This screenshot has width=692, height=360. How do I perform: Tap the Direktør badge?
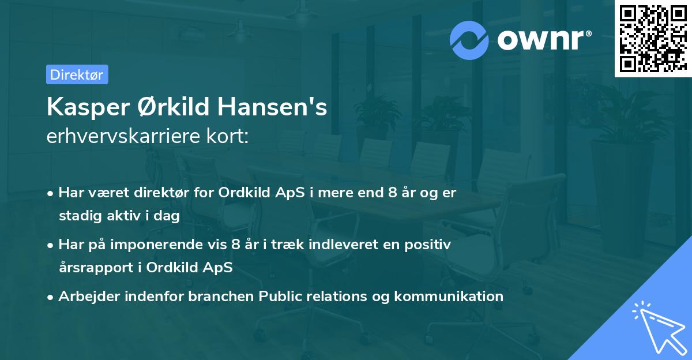[x=77, y=74]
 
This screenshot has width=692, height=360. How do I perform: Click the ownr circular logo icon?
[x=469, y=40]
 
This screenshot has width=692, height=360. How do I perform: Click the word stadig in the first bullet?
[x=78, y=216]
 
